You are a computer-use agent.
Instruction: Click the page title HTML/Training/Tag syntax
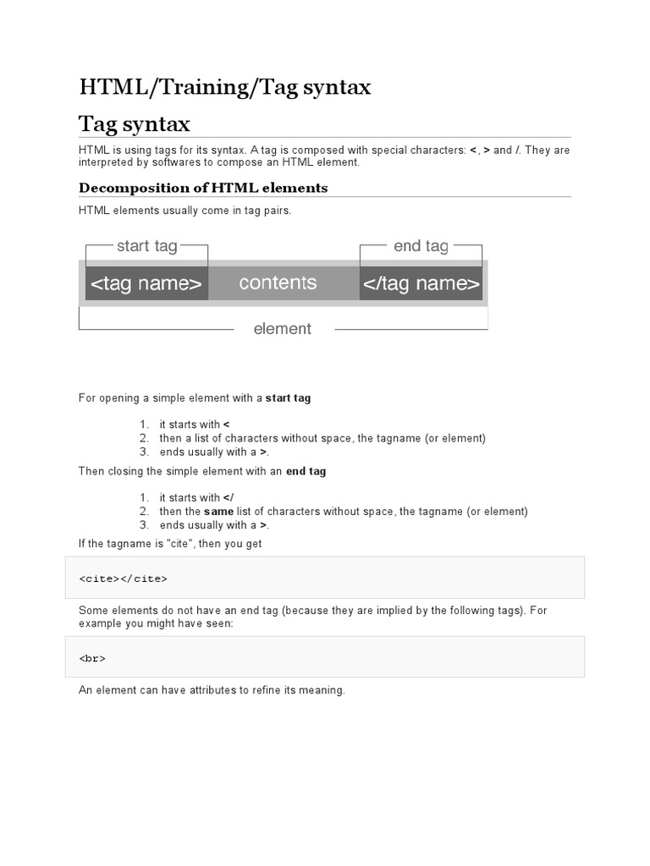[x=225, y=86]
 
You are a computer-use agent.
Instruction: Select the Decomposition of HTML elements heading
[x=203, y=188]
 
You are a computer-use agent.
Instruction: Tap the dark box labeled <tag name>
[x=146, y=283]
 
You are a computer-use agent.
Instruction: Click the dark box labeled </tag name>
[x=421, y=283]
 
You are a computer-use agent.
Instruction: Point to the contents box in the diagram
[x=278, y=282]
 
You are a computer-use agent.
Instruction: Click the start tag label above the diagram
[x=146, y=246]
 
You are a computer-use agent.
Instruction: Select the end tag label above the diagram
[x=421, y=246]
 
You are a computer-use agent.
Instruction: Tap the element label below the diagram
[x=283, y=329]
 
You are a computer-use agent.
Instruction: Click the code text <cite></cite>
[x=124, y=578]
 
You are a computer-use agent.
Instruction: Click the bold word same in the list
[x=218, y=512]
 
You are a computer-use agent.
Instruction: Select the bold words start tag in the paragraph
[x=288, y=397]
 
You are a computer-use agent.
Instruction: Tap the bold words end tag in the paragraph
[x=306, y=471]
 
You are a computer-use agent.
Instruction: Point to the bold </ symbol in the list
[x=228, y=498]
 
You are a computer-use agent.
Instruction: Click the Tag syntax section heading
[x=135, y=124]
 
